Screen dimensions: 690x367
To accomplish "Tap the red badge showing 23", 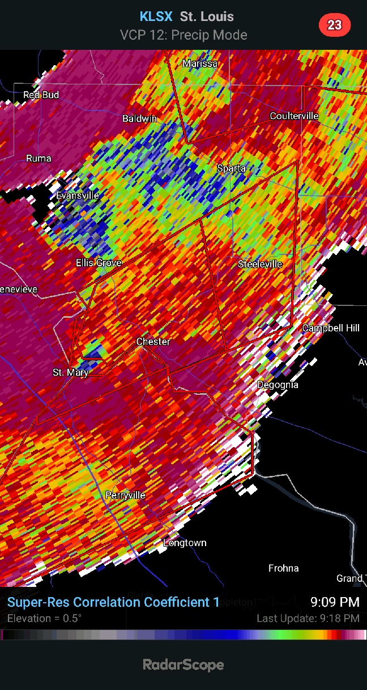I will tap(335, 25).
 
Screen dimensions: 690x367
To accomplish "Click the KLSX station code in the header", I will tap(156, 17).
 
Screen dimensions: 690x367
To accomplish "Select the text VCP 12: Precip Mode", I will tap(183, 35).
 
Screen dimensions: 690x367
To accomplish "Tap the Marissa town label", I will tap(200, 64).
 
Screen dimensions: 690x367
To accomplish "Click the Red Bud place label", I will tap(41, 95).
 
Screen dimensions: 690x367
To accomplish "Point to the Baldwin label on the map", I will tap(140, 119).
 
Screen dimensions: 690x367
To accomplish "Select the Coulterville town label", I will tap(294, 116).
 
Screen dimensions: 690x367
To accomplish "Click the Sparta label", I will tap(232, 169).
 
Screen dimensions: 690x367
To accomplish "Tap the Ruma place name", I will tap(39, 159).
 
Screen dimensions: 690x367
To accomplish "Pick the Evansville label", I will tap(78, 196).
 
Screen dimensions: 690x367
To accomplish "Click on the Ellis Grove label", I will tap(99, 263).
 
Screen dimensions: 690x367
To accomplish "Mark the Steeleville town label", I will tap(260, 265).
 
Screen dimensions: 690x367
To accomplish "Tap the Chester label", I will tap(153, 342).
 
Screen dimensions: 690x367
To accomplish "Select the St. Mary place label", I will tap(70, 373).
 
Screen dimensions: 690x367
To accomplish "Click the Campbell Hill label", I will tap(331, 329).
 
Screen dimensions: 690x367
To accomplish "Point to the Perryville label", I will tap(125, 496).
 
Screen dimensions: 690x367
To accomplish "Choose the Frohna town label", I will tap(283, 568).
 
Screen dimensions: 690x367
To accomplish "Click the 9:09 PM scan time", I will tap(335, 602).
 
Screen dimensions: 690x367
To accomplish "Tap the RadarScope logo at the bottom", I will tap(183, 665).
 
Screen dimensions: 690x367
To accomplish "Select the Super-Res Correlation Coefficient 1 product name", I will tap(113, 602).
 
